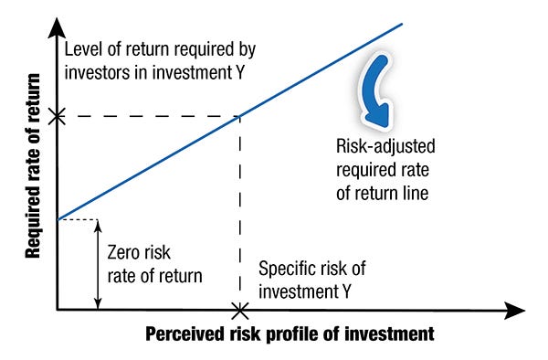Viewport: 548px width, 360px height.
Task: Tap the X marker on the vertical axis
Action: tap(57, 116)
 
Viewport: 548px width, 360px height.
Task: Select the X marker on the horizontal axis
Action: tap(239, 311)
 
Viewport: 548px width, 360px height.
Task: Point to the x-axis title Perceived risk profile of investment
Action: tap(290, 334)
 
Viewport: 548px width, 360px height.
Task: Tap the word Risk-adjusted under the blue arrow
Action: tap(385, 147)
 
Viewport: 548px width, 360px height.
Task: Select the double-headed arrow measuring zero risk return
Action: tap(97, 264)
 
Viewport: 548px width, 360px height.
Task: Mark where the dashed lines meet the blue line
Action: tap(239, 116)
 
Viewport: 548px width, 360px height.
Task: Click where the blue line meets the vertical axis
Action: tap(57, 219)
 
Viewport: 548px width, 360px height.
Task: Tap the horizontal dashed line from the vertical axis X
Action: tap(146, 116)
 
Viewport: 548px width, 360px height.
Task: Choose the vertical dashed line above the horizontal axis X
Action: tap(239, 210)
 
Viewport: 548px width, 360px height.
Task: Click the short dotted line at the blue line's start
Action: tap(77, 219)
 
